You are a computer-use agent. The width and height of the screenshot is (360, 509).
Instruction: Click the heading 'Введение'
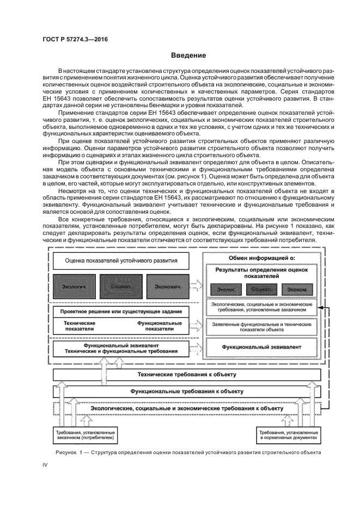[x=188, y=55]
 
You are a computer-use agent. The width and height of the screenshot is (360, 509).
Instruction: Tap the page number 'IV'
[x=46, y=464]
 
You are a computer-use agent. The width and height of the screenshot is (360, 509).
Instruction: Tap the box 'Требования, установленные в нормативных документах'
[x=286, y=434]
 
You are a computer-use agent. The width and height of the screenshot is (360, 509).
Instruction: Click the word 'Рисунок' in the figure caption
[x=66, y=452]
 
